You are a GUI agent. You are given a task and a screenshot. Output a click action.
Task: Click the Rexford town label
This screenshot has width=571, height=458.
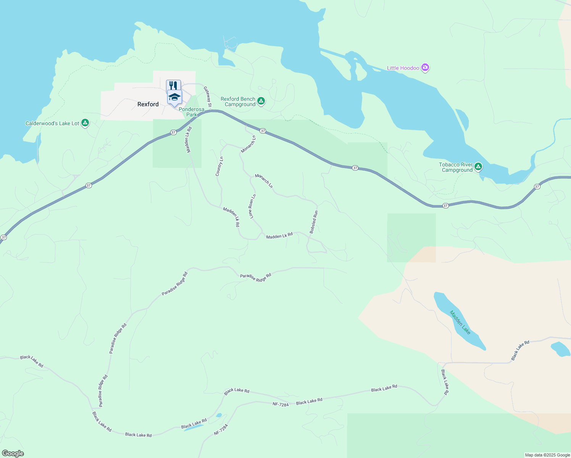(x=148, y=104)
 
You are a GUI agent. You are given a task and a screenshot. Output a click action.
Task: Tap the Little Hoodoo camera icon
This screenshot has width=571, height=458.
(x=425, y=68)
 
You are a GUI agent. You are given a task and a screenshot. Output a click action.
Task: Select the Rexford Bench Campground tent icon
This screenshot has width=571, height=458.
(x=261, y=101)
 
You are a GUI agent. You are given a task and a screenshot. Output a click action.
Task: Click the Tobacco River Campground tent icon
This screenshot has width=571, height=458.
(x=478, y=167)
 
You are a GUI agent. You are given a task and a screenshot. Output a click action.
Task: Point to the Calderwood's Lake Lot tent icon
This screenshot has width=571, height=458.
(x=85, y=123)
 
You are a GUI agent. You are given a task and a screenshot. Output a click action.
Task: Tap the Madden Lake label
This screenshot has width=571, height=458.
(x=460, y=323)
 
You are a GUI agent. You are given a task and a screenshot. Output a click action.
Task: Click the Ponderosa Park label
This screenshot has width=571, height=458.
(x=192, y=112)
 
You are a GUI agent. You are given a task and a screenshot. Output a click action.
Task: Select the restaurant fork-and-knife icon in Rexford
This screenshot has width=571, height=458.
(x=173, y=85)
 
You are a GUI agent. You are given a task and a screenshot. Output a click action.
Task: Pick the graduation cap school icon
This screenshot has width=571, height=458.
(x=174, y=97)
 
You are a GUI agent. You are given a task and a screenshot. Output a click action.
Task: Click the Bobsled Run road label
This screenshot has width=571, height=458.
(x=313, y=222)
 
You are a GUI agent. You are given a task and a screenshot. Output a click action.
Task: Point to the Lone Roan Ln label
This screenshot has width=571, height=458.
(x=253, y=206)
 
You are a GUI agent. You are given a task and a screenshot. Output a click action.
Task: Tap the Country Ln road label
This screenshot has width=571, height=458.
(x=219, y=166)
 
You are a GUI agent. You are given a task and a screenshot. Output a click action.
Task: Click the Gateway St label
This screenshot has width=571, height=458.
(x=207, y=97)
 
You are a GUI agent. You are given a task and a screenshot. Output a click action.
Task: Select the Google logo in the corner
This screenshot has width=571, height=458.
(x=13, y=453)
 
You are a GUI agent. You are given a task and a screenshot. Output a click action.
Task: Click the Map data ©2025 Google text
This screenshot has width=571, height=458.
(x=547, y=455)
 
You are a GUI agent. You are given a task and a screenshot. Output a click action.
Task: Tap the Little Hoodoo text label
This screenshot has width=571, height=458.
(x=403, y=68)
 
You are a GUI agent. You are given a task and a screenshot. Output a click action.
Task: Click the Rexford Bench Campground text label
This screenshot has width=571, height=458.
(x=238, y=102)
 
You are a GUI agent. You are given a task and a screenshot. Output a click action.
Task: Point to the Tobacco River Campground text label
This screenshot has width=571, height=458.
(x=456, y=167)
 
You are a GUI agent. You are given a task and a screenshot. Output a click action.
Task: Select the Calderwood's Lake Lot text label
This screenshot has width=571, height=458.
(x=52, y=123)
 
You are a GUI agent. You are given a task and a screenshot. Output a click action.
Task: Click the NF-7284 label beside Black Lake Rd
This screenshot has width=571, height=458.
(x=281, y=404)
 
